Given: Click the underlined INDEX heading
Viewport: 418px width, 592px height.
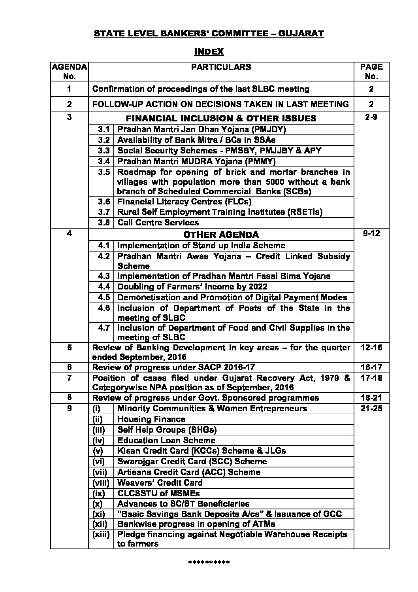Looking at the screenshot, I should [x=209, y=51].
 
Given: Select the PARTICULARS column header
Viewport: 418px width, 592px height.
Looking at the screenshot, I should [x=221, y=67].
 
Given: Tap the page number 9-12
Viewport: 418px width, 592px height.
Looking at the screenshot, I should [x=371, y=233].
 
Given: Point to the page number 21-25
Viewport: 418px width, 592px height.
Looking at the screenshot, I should [x=371, y=409].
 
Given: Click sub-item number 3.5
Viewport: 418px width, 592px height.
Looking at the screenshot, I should [x=104, y=172].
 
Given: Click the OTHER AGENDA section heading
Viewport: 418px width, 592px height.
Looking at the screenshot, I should [x=221, y=235].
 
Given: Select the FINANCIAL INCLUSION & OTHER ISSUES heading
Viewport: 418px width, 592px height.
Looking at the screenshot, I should [x=221, y=118].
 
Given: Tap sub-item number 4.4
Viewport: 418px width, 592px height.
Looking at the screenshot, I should [x=104, y=287].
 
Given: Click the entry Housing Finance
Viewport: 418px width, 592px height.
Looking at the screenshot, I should [x=151, y=419].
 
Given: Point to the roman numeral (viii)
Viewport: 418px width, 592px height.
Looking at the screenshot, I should [x=102, y=483].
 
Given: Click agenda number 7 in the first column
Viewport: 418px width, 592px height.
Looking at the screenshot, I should [x=69, y=378].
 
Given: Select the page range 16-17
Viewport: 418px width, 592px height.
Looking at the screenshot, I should [x=371, y=367].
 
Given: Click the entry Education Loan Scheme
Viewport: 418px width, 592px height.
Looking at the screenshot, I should [x=166, y=441].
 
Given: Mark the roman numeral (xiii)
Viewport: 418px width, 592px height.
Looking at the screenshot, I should [x=102, y=534].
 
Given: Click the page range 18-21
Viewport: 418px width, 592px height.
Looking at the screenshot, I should [x=371, y=398].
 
